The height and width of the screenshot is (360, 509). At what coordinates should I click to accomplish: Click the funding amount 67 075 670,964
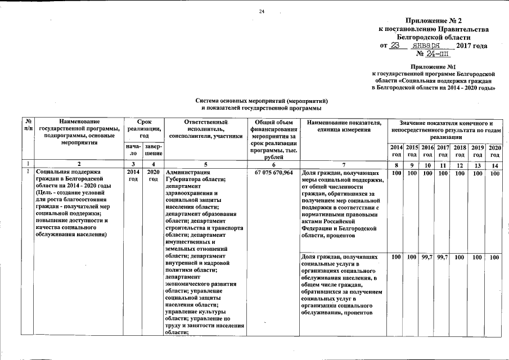click(273, 172)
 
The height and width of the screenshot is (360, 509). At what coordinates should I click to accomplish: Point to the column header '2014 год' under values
click(396, 150)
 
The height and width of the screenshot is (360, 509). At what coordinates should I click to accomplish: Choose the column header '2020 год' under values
click(494, 150)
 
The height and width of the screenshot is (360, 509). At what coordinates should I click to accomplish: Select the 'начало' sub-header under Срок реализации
click(133, 150)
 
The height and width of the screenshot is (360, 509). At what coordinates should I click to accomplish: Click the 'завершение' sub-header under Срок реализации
click(153, 150)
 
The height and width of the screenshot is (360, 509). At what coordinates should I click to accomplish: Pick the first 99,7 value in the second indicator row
click(427, 257)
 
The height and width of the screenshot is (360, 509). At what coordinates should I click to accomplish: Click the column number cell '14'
click(494, 164)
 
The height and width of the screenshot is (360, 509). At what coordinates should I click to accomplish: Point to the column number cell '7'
click(344, 164)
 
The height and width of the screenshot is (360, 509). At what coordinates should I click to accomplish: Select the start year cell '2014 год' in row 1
click(133, 175)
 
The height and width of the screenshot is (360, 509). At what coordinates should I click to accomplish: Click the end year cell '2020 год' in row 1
click(153, 175)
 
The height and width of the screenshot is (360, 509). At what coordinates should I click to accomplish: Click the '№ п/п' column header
click(28, 125)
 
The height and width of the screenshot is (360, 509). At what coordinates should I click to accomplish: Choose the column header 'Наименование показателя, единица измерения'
click(344, 126)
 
